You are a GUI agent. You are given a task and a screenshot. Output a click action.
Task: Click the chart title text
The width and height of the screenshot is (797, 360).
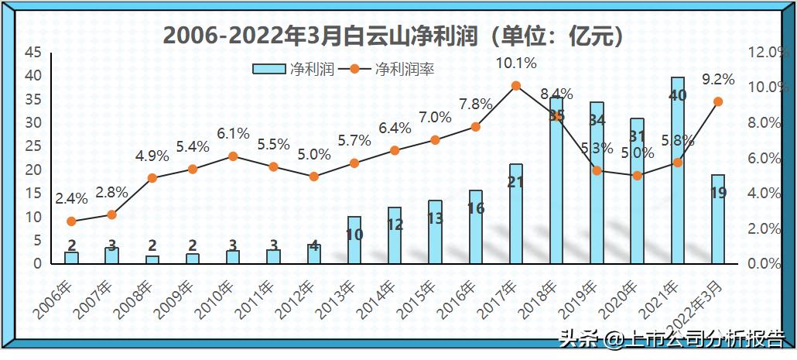(x=395, y=35)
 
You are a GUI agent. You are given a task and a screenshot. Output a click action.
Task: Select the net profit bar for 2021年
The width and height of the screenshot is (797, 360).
(x=677, y=170)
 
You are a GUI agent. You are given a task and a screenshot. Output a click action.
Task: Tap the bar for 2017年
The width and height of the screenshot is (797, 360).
(x=516, y=214)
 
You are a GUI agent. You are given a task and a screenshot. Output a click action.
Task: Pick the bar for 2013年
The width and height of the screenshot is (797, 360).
(x=354, y=240)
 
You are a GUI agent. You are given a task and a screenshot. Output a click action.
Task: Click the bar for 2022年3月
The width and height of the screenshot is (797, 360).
(x=718, y=219)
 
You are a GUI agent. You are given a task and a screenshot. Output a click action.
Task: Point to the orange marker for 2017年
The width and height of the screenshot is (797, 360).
(x=516, y=86)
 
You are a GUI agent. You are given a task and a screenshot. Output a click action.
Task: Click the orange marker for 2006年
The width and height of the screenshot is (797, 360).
(x=71, y=221)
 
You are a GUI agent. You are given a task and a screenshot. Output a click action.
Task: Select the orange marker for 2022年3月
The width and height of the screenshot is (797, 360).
(x=718, y=101)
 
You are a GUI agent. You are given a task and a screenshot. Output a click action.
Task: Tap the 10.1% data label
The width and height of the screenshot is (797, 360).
(x=516, y=63)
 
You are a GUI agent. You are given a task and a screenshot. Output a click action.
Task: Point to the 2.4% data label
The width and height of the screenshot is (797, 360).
(x=70, y=199)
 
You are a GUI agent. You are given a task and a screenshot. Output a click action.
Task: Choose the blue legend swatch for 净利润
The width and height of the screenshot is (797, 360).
(x=270, y=69)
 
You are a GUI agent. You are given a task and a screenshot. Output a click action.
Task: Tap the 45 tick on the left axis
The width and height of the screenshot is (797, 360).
(x=33, y=53)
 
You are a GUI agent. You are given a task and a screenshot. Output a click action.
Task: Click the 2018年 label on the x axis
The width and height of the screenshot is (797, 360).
(x=546, y=301)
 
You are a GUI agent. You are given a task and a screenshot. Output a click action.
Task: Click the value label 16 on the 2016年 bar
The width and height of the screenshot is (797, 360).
(x=475, y=208)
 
